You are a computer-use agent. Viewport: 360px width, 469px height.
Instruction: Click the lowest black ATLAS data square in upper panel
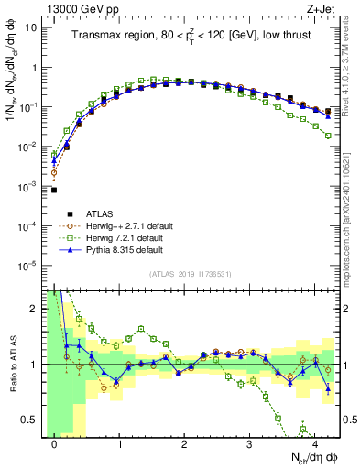point(54,191)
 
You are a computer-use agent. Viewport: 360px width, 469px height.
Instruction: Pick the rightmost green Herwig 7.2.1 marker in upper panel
point(328,136)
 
